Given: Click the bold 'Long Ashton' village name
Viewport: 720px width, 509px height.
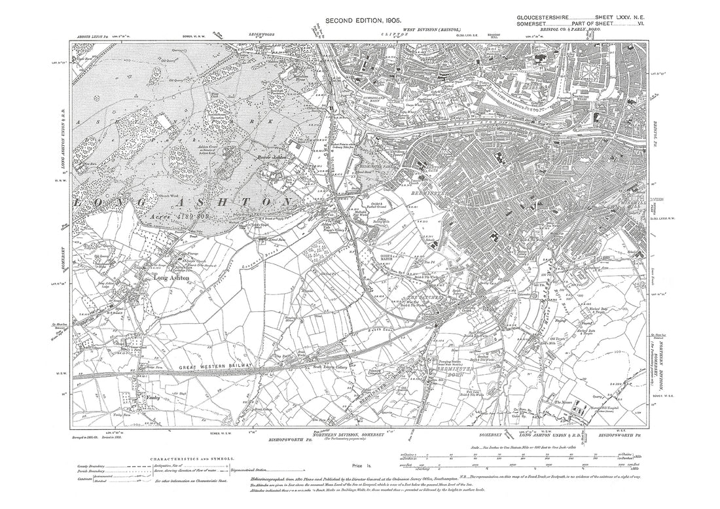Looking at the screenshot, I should tap(171, 278).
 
